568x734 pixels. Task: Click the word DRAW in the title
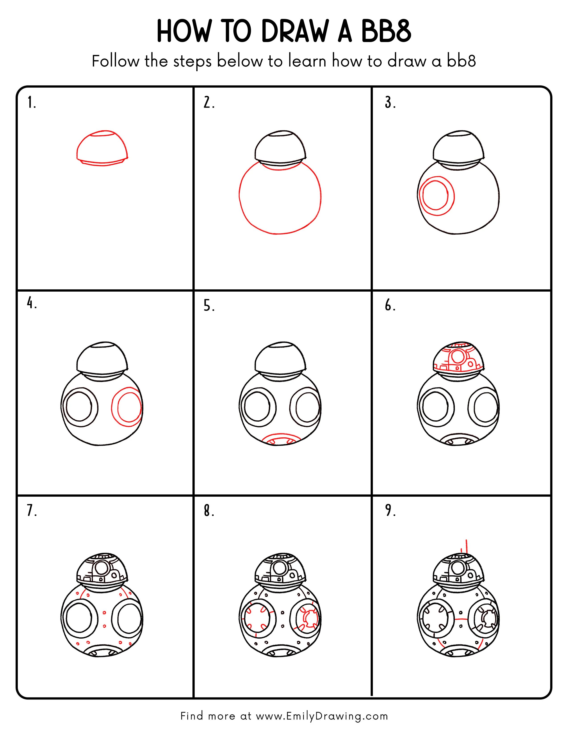(x=294, y=32)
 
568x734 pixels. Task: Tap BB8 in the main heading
(x=386, y=32)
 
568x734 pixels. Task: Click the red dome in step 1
(x=102, y=148)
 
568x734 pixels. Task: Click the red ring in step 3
(x=436, y=196)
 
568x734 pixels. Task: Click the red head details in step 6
(x=458, y=357)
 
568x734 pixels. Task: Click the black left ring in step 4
(x=80, y=407)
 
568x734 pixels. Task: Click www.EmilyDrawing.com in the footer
(x=322, y=716)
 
